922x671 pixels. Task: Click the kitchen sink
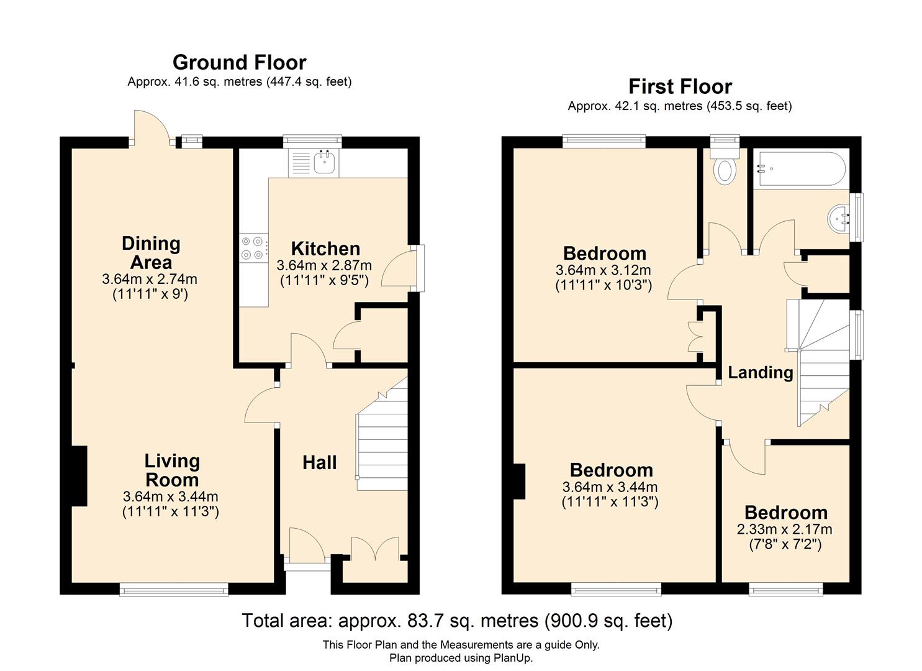[325, 163]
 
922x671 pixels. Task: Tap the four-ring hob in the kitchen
[254, 248]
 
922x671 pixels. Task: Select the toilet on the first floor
[725, 169]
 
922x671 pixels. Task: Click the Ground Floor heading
[239, 62]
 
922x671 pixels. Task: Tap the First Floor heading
[680, 86]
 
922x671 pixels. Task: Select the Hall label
[319, 462]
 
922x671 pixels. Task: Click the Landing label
[760, 372]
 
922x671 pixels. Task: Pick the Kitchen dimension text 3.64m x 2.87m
[324, 265]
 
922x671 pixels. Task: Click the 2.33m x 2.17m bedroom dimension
[784, 529]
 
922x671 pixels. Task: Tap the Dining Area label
[151, 252]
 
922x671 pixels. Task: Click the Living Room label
[171, 470]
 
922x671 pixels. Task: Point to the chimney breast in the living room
[79, 476]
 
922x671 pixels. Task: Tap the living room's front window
[174, 589]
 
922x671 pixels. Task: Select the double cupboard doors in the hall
[375, 549]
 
